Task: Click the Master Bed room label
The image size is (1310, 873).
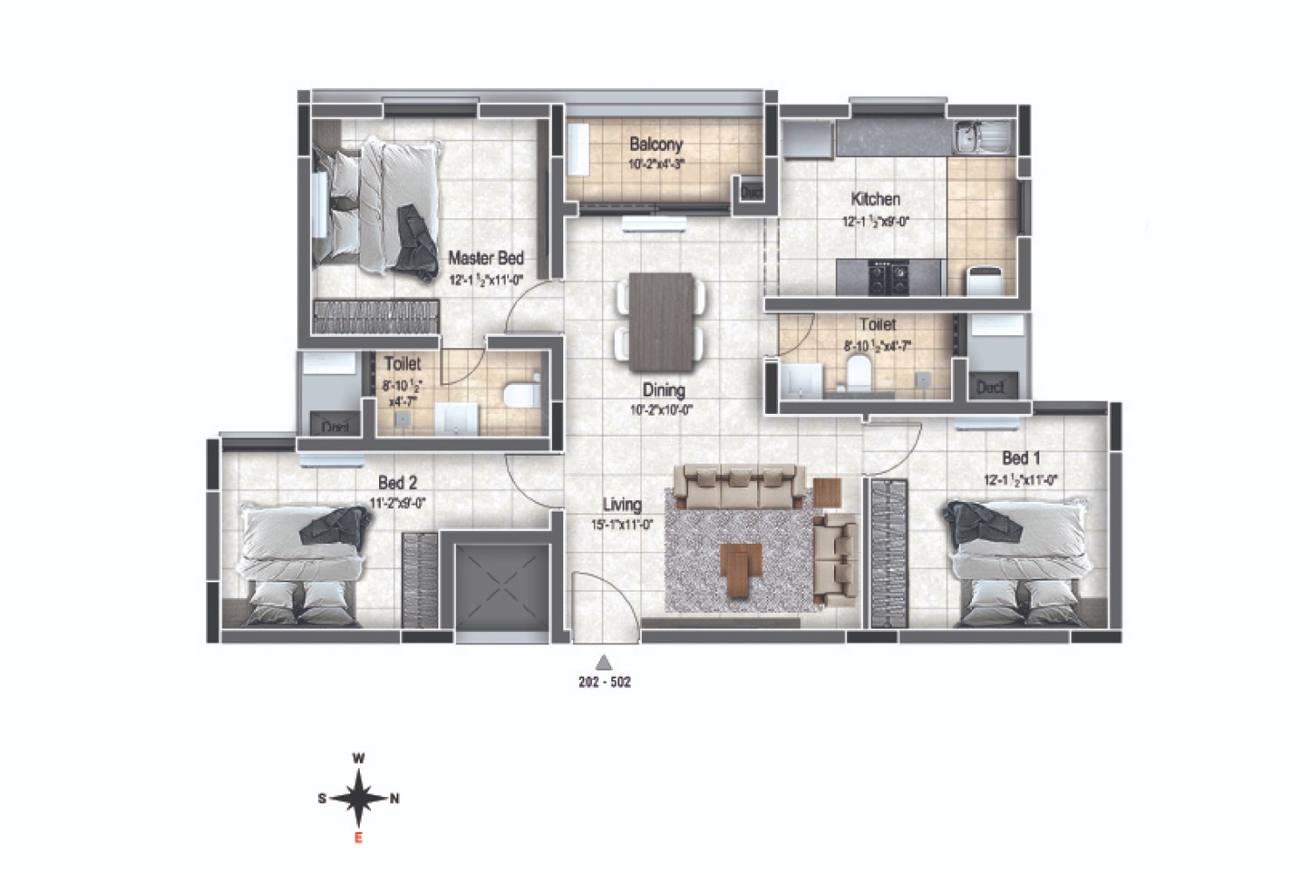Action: (486, 258)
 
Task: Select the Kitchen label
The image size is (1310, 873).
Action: (875, 199)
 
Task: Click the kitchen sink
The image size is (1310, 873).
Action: (982, 135)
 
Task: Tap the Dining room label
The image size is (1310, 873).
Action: (664, 390)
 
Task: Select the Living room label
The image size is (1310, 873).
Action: (622, 505)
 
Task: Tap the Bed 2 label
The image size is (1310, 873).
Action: (397, 483)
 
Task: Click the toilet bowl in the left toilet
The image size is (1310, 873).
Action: (522, 395)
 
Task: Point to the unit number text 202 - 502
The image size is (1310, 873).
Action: (603, 683)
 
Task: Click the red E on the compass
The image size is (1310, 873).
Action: (357, 839)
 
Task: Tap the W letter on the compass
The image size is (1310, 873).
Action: (358, 759)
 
